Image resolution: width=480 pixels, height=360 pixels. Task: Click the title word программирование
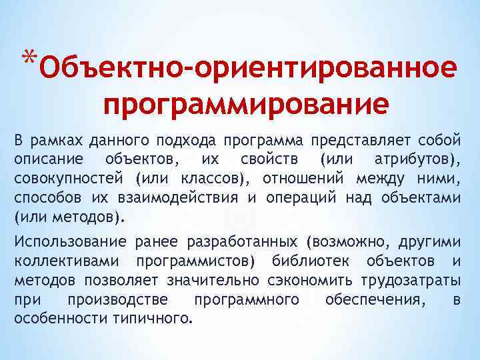[246, 105]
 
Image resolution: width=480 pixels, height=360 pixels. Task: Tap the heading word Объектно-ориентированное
[249, 69]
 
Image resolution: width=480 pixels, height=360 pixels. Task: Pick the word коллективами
[68, 261]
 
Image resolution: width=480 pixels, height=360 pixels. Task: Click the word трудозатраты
[421, 281]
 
